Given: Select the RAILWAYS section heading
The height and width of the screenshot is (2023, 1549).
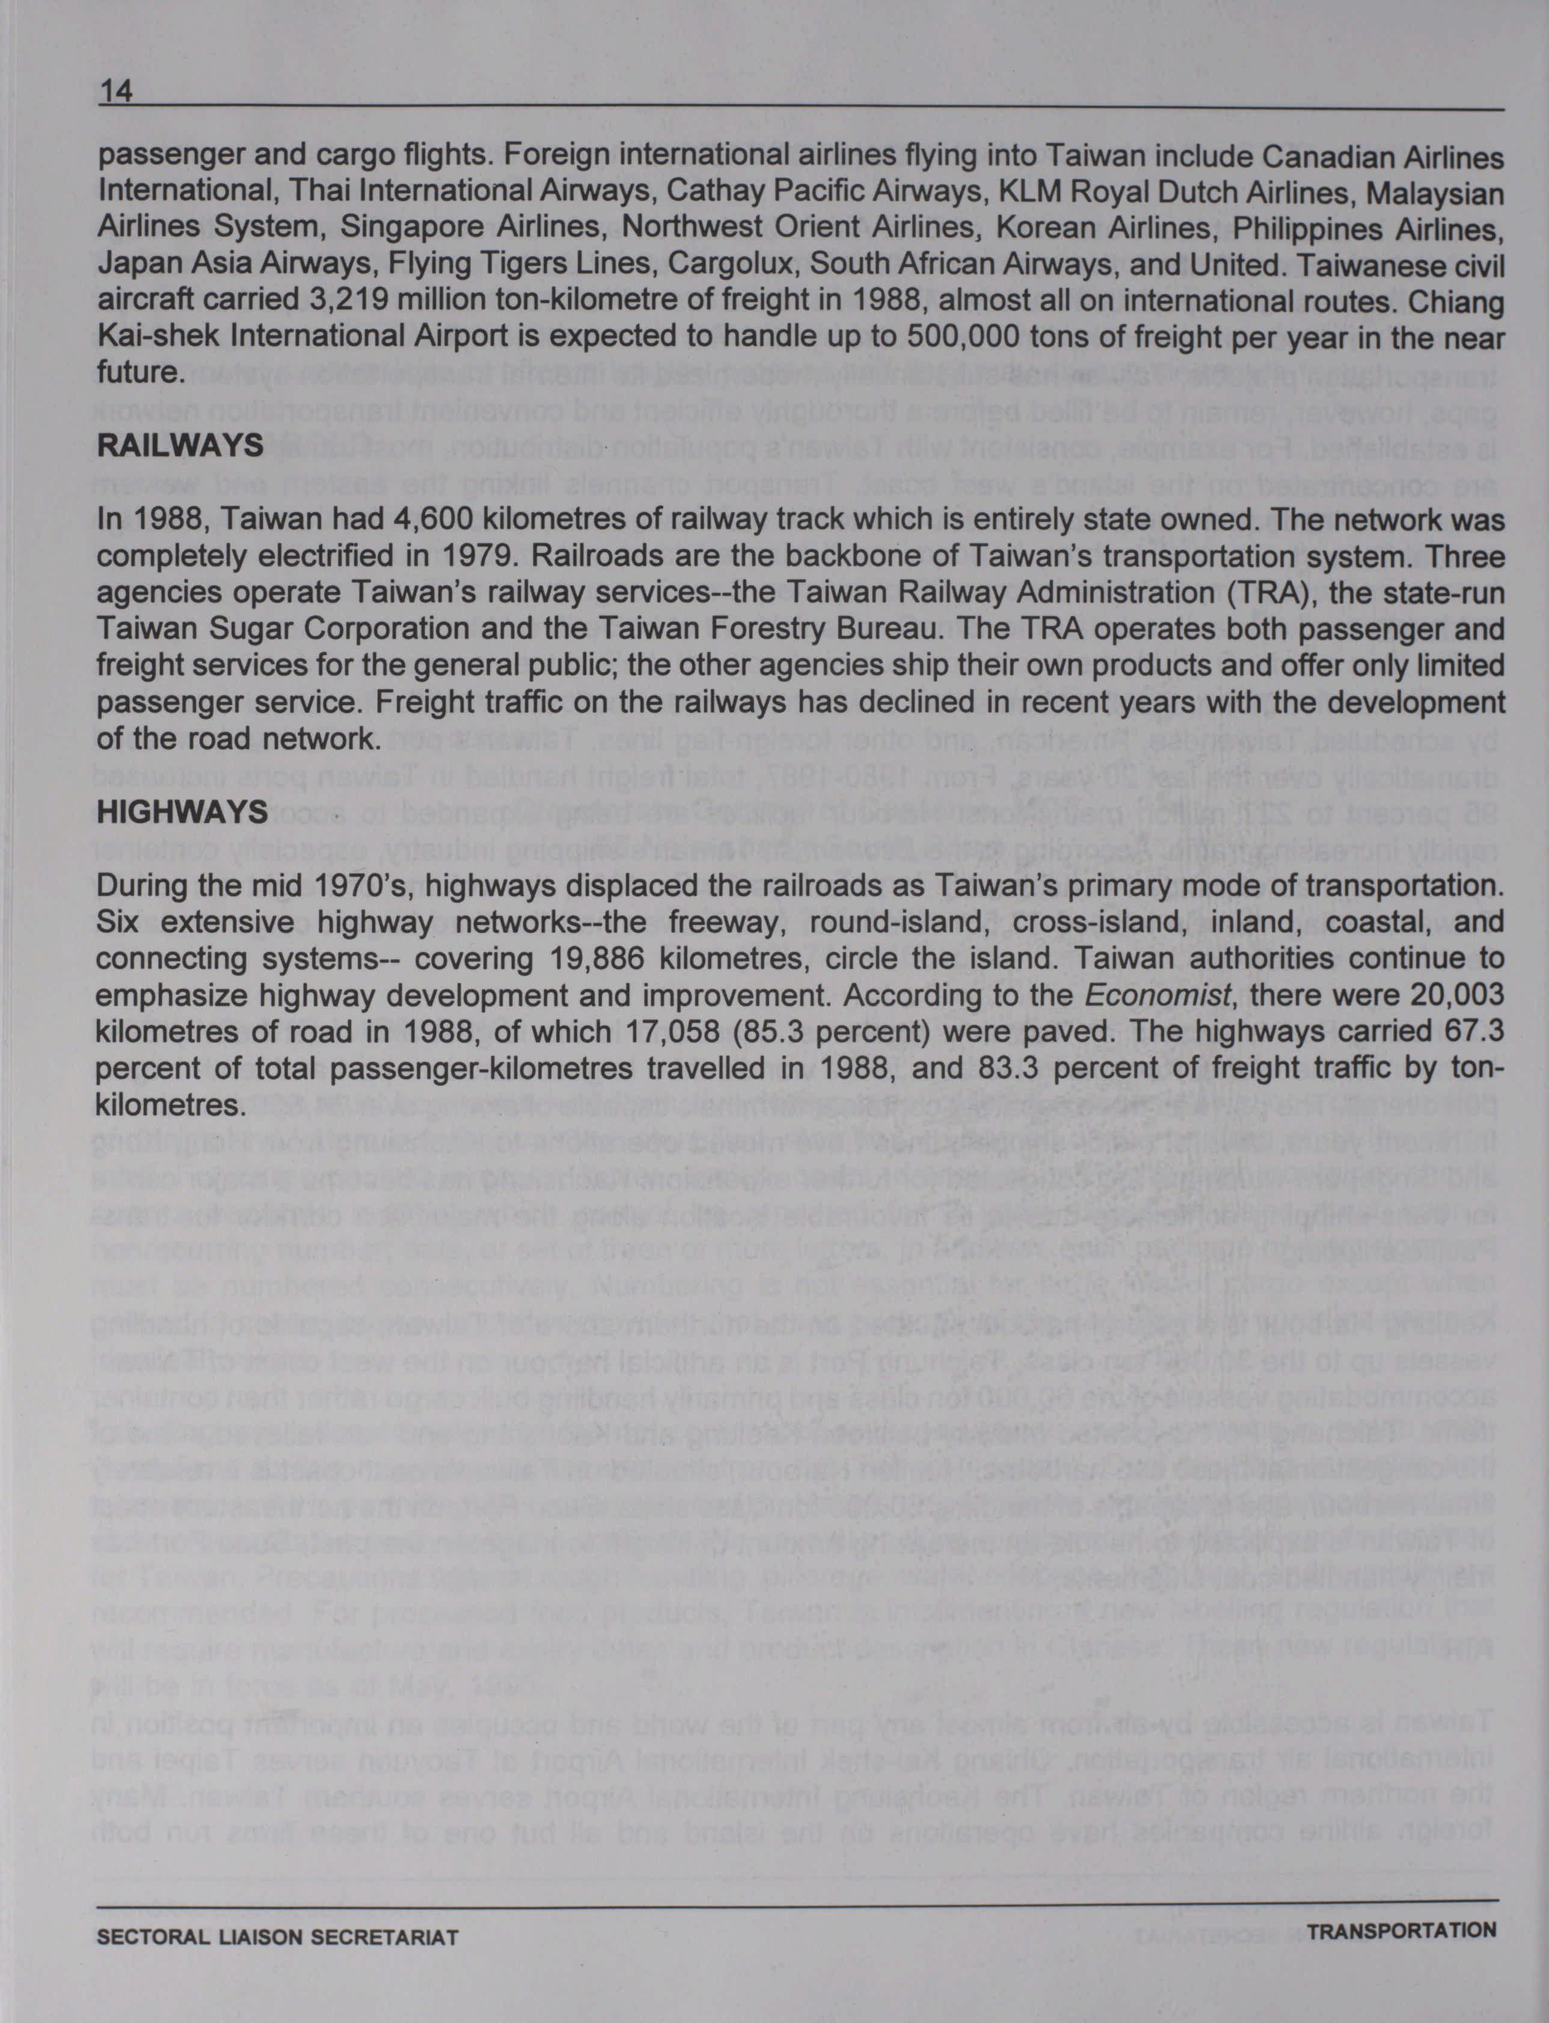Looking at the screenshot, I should point(180,446).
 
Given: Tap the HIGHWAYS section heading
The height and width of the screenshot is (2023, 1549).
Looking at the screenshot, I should point(182,812).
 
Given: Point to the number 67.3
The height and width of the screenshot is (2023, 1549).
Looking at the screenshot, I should point(1473,1033).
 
